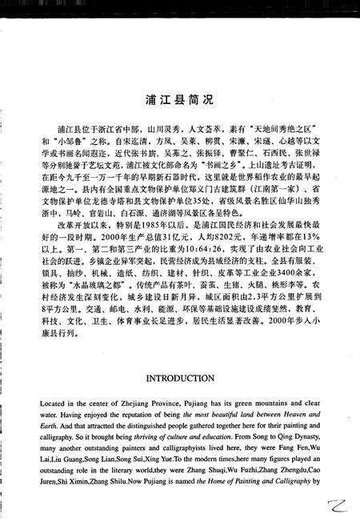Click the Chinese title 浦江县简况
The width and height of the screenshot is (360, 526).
pyautogui.click(x=180, y=102)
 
